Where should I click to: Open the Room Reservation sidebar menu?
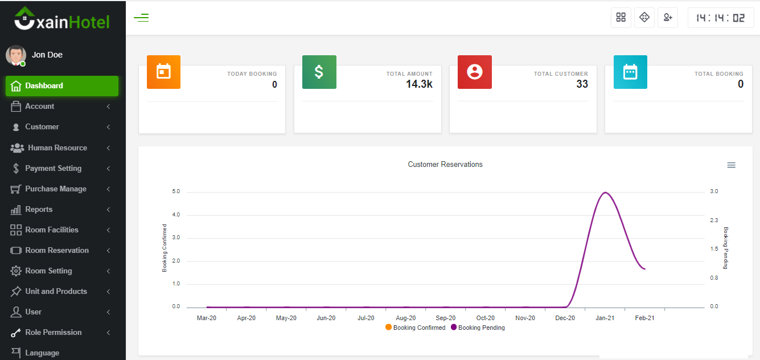57,251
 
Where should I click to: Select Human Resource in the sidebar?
57,148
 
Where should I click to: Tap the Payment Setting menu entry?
53,169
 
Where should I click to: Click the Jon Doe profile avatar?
15,55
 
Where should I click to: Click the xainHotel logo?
62,21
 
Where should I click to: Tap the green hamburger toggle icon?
141,18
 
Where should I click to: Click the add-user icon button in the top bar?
668,18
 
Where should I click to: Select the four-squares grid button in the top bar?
621,18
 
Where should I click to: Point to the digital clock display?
721,18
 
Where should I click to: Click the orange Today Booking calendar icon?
163,72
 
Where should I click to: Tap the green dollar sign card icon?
319,72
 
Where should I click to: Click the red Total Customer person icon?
475,72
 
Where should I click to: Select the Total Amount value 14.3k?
419,84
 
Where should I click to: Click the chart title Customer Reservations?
445,165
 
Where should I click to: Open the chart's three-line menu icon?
732,165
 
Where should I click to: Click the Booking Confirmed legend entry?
416,328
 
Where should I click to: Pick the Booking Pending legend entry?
478,328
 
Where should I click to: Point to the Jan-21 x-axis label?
605,318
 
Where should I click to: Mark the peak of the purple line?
605,193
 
